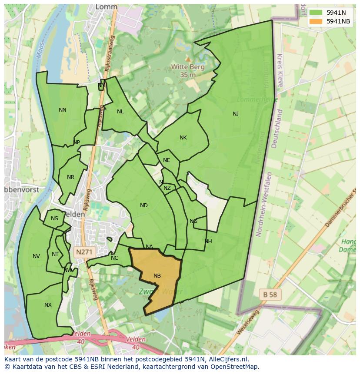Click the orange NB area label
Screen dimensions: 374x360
pos(157,276)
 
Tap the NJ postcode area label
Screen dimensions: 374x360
pos(235,114)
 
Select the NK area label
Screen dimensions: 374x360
pos(183,138)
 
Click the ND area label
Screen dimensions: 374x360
pos(144,205)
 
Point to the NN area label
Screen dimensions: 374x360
pos(63,110)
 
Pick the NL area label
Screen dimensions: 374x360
pos(120,112)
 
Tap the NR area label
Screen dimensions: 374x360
pos(71,177)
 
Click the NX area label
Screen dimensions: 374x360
pos(48,305)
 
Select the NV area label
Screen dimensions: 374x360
pos(36,256)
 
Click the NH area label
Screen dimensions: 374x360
pos(208,242)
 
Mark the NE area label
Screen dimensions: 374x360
pos(167,160)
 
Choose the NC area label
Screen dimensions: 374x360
pos(114,258)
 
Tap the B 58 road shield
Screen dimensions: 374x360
pos(270,294)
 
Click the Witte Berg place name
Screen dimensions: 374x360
pos(188,67)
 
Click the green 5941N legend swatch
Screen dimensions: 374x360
pos(316,13)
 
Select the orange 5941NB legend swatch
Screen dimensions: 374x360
pos(316,21)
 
